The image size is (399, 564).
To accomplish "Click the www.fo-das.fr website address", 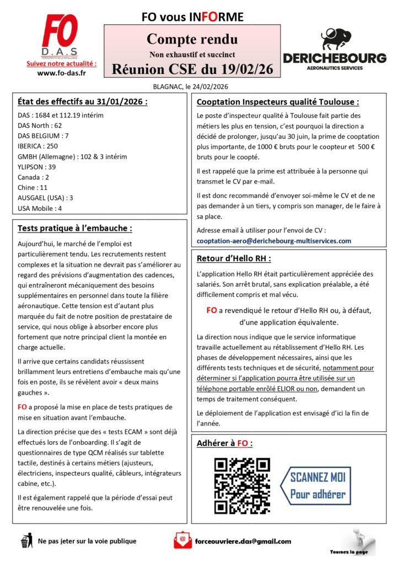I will [61, 73].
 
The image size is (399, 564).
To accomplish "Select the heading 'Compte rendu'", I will [192, 40].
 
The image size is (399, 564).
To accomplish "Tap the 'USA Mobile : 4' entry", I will [40, 208].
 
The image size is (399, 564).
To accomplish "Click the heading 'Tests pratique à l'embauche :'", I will [75, 228].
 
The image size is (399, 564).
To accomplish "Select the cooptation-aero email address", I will [274, 241].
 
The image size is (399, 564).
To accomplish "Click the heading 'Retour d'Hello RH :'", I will [234, 258].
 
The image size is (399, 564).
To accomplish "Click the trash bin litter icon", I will [25, 540].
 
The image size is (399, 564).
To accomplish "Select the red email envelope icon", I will [182, 540].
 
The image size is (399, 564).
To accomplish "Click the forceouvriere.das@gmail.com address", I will [243, 541].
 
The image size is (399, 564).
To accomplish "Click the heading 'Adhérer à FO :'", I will [225, 443].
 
